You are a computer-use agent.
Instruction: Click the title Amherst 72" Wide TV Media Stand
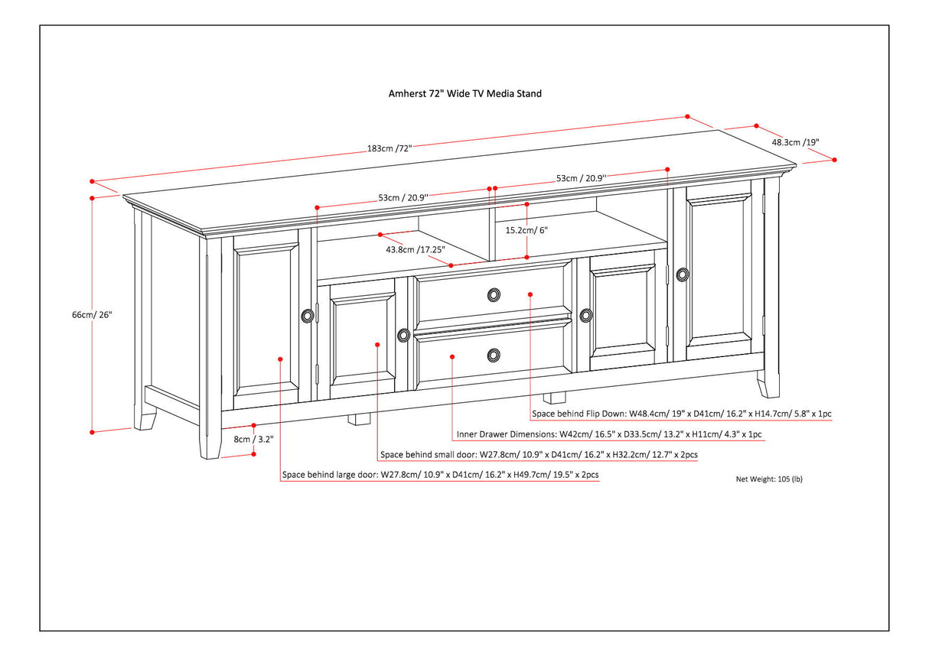coord(464,94)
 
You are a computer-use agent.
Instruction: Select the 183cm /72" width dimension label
coord(390,148)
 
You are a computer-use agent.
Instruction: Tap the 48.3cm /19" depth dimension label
coord(795,142)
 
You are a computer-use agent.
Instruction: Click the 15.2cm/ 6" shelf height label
coord(526,229)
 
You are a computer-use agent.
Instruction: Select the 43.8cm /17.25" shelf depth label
coord(415,249)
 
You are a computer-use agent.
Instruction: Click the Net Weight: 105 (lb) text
coord(769,479)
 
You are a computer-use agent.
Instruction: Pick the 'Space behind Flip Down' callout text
coord(682,414)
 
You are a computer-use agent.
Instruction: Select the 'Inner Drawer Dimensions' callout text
coord(608,434)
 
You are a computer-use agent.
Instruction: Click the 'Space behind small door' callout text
coord(539,455)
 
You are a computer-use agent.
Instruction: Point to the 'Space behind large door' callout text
coord(440,475)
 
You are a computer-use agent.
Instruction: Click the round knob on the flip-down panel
coord(494,294)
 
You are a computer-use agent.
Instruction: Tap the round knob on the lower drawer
coord(494,354)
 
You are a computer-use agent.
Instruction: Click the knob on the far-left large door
coord(308,315)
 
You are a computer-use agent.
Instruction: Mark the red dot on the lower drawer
coord(452,356)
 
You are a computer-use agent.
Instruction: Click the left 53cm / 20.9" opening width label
coord(403,197)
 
